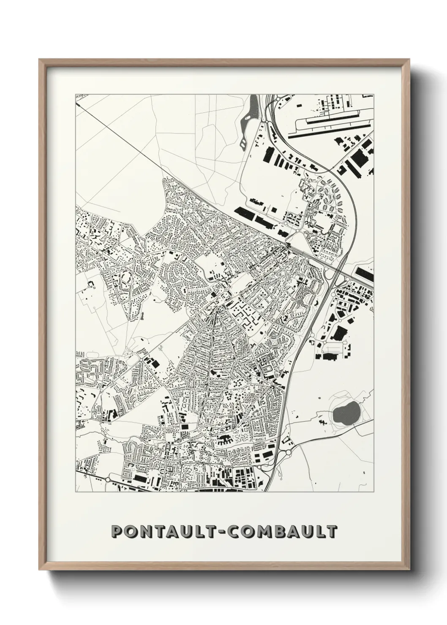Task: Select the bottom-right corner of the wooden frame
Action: (409, 569)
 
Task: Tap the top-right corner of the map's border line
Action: (373, 94)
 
